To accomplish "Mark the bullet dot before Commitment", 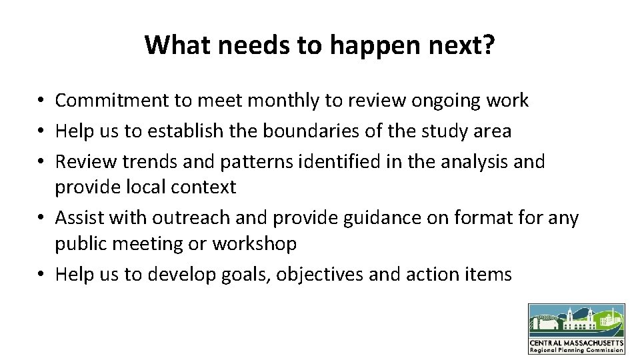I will click(41, 101).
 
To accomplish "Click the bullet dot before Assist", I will click(41, 219).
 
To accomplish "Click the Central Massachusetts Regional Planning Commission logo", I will click(577, 329).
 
